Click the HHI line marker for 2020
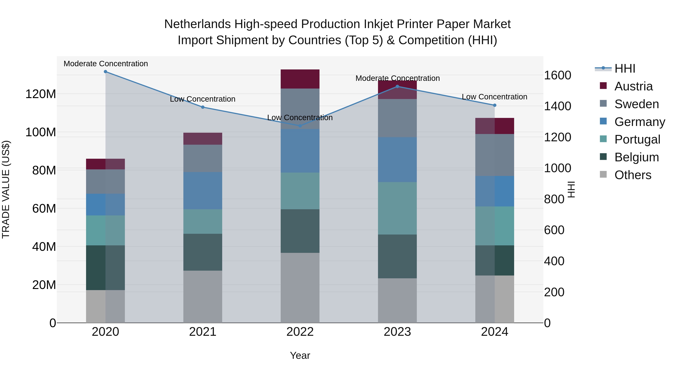click(x=105, y=72)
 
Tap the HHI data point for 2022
click(x=300, y=126)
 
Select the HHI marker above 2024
click(x=494, y=105)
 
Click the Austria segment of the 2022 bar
click(x=300, y=79)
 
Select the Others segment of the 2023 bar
click(x=397, y=301)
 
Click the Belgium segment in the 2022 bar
click(x=300, y=231)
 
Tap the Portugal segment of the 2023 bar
click(x=397, y=208)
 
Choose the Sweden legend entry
click(x=636, y=104)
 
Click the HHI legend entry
click(x=625, y=69)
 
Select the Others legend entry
click(x=633, y=175)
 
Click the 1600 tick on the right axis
click(x=558, y=75)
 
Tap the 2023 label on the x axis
click(x=397, y=332)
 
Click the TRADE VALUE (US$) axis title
click(x=6, y=189)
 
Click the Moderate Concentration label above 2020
click(x=106, y=64)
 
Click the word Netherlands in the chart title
click(x=197, y=24)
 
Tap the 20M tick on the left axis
click(x=44, y=285)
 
